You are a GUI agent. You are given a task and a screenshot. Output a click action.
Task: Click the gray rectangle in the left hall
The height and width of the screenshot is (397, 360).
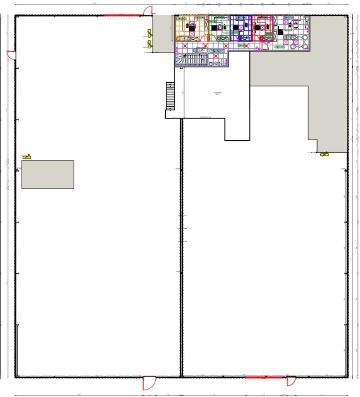[48, 175]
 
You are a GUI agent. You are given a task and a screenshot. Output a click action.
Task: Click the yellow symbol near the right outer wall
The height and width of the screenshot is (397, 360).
[324, 154]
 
